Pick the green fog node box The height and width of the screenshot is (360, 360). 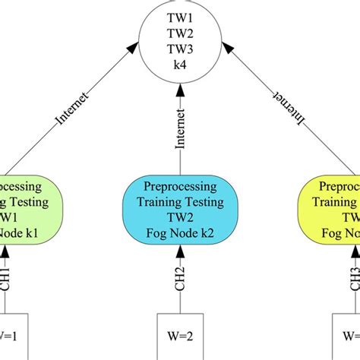(26, 208)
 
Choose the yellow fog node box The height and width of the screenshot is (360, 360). (328, 208)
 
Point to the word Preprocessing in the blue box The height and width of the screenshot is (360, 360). (180, 188)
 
